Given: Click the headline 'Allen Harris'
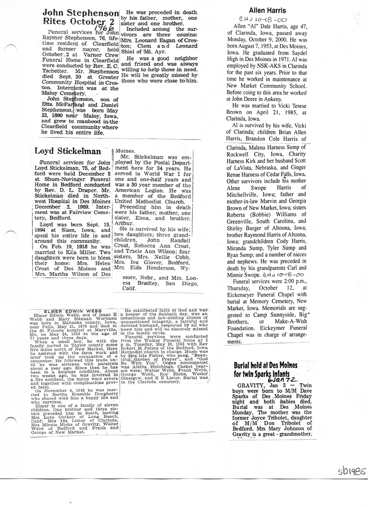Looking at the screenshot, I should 267,10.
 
